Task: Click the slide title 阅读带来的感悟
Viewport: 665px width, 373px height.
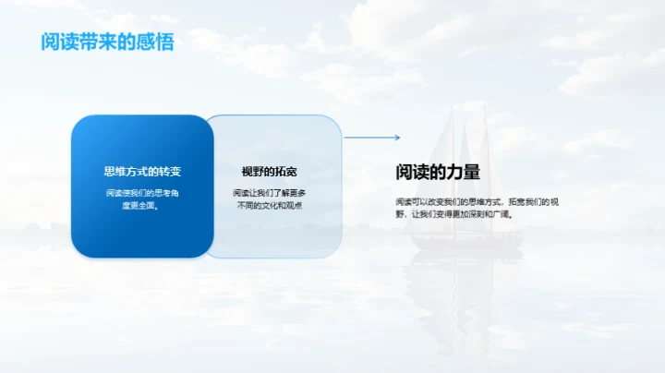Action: point(106,42)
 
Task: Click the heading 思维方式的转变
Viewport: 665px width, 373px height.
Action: point(142,172)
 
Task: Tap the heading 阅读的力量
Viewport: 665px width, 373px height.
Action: point(438,172)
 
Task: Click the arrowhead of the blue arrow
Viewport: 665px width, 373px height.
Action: point(397,138)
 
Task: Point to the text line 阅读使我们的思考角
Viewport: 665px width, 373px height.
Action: point(142,193)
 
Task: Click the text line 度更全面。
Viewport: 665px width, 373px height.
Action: point(142,206)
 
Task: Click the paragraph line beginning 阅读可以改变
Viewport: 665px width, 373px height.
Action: point(477,200)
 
